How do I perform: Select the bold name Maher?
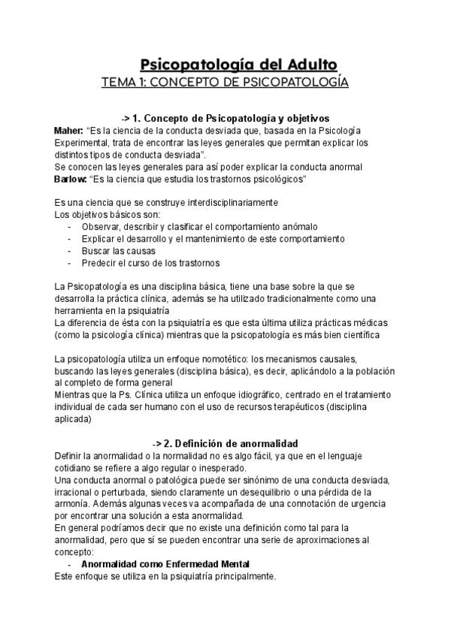click(69, 130)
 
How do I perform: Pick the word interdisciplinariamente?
click(228, 203)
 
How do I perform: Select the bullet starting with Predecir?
click(150, 262)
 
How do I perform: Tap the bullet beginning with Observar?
click(199, 226)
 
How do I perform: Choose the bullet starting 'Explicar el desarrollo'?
click(213, 238)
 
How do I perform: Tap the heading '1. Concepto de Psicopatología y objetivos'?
click(225, 118)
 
